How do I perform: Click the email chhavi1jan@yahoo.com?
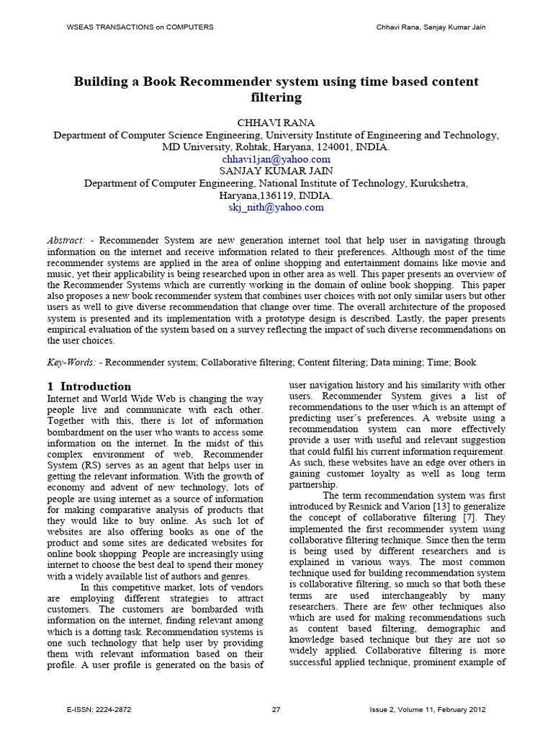276,159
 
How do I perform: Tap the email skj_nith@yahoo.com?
276,207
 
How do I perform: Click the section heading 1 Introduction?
89,386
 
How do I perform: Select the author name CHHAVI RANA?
276,123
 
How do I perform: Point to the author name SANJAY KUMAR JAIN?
276,171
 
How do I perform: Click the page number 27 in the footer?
276,710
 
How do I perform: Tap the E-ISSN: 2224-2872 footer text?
99,710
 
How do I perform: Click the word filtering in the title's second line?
276,97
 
